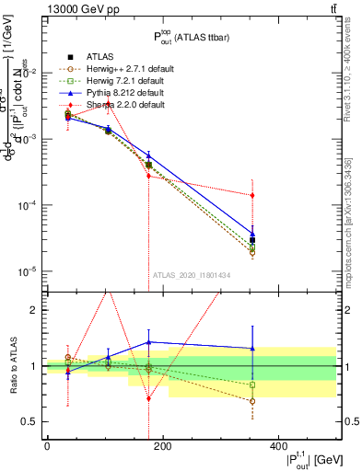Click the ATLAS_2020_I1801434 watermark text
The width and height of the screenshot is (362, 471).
[192, 274]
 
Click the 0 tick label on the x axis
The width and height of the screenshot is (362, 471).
[47, 445]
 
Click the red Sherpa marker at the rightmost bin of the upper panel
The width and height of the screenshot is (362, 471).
[329, 195]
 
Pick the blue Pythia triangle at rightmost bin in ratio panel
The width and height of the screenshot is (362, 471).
[329, 348]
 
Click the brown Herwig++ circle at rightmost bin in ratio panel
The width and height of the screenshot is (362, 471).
[329, 401]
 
